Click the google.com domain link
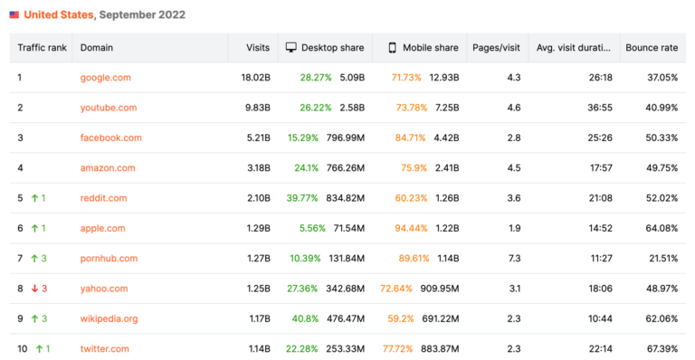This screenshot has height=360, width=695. point(105,78)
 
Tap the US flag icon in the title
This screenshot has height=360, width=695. point(14,14)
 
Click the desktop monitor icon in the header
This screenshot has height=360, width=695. point(291,47)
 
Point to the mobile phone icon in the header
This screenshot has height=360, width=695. point(392,47)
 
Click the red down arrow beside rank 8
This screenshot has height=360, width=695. point(33,289)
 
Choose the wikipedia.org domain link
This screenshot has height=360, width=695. point(109,318)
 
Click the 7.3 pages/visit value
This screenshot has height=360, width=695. point(513,259)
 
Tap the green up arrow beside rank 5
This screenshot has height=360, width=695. point(33,198)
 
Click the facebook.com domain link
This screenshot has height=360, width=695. point(110,137)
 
